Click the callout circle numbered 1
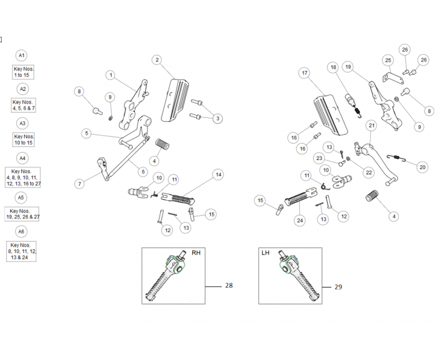111,75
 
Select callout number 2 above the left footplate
157,60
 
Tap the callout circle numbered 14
219,174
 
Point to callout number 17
305,73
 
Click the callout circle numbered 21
372,126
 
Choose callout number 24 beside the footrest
299,220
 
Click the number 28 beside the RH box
229,285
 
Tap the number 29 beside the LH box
338,287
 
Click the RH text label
196,253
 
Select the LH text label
266,253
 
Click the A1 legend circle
22,55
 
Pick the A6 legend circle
22,232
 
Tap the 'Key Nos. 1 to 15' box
23,72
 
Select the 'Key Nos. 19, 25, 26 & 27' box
22,214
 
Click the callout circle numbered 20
422,167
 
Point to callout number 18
333,68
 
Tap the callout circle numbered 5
87,134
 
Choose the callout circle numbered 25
388,60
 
